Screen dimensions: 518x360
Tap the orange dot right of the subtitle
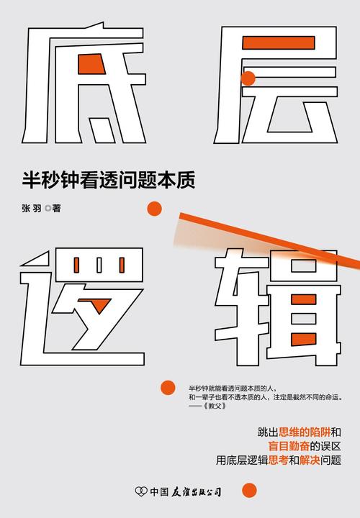coord(153,209)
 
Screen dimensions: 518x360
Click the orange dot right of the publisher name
coord(248,491)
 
